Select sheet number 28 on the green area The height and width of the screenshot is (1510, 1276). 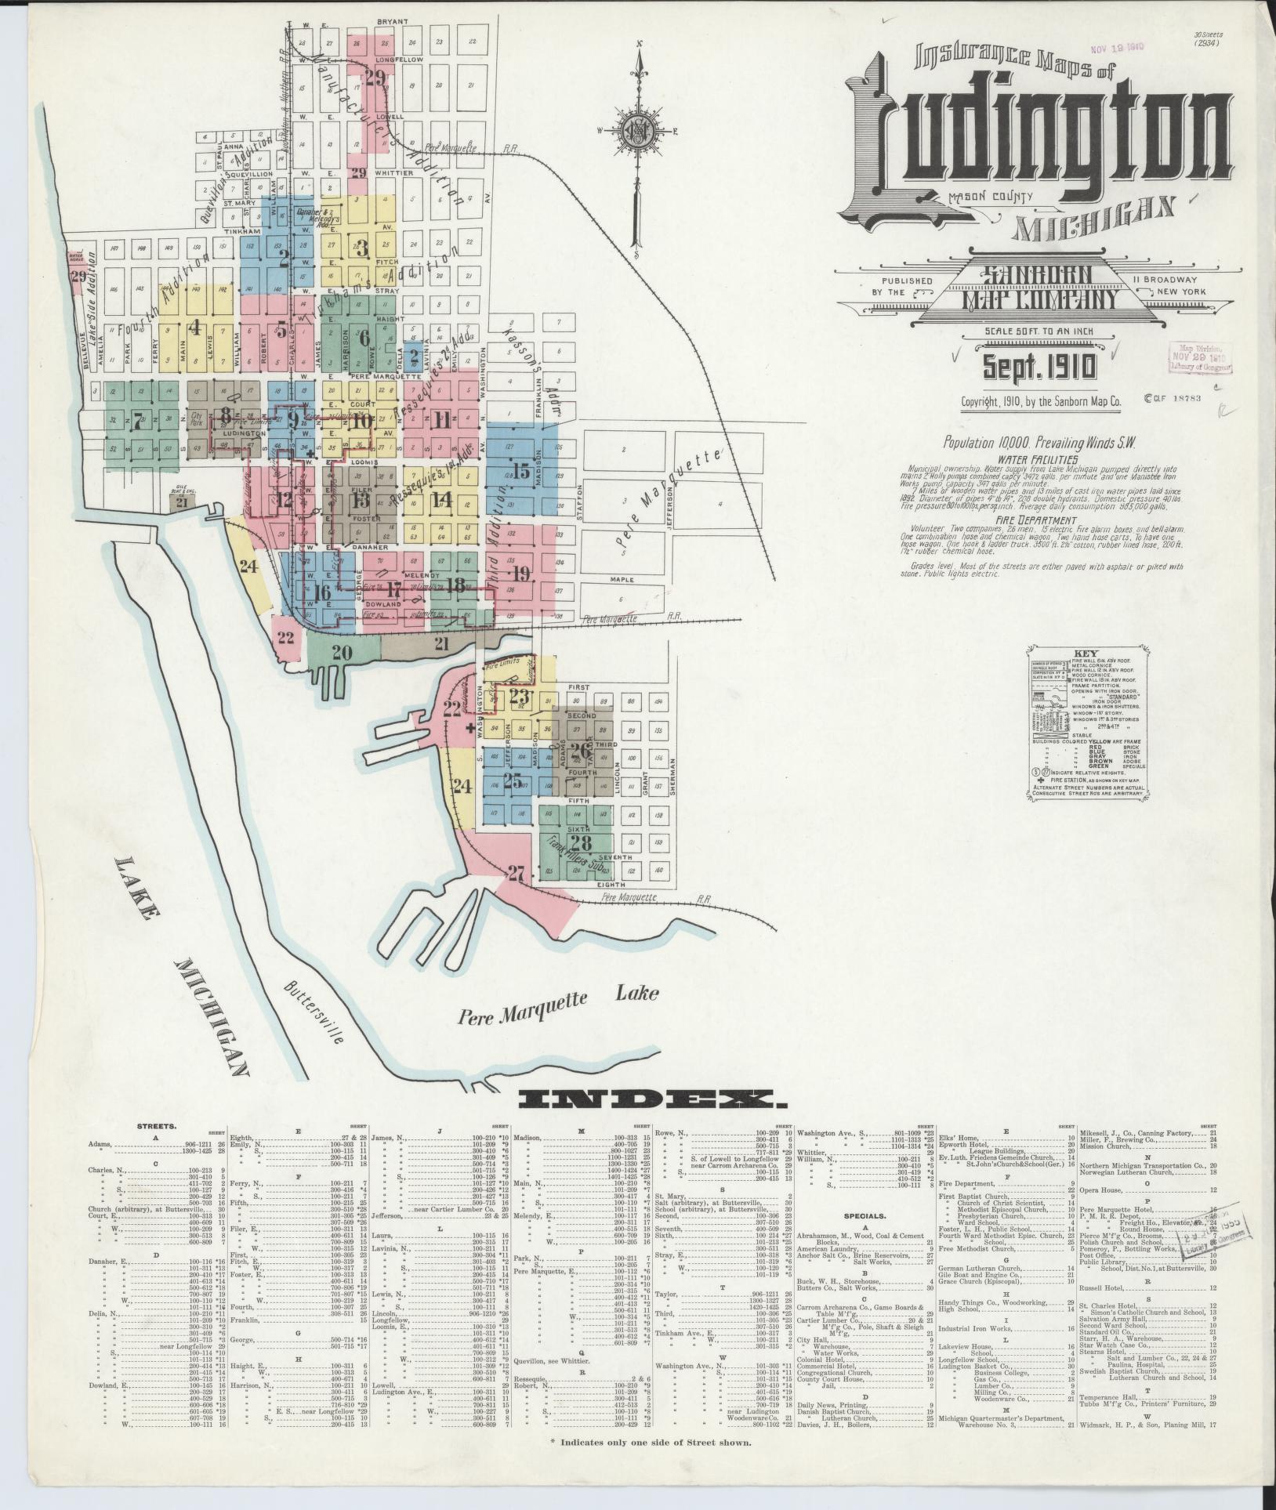pyautogui.click(x=581, y=843)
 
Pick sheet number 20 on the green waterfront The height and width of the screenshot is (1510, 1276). pyautogui.click(x=342, y=651)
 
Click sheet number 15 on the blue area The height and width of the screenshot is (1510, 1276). pyautogui.click(x=520, y=471)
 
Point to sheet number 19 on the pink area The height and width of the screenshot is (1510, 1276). pyautogui.click(x=523, y=572)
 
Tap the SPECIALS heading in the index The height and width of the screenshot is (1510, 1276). pyautogui.click(x=865, y=1216)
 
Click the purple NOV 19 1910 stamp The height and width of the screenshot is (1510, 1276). pyautogui.click(x=1115, y=46)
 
